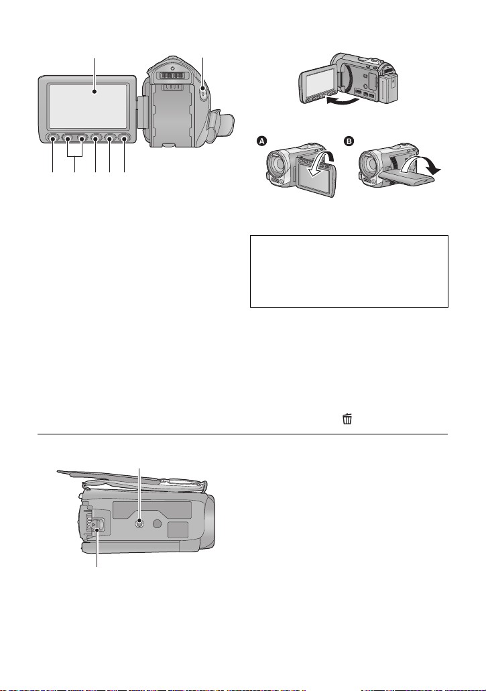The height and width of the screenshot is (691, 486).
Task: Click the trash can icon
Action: pos(347,419)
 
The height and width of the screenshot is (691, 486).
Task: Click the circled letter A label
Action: pos(262,141)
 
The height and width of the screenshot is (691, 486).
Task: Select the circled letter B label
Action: pos(349,141)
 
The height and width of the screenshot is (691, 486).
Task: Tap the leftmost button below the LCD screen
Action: pos(53,139)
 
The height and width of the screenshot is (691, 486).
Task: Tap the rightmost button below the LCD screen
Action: pos(124,139)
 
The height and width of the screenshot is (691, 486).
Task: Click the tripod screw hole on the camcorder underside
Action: pos(139,523)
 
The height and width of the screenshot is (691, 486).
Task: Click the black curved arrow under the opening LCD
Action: pos(342,101)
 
